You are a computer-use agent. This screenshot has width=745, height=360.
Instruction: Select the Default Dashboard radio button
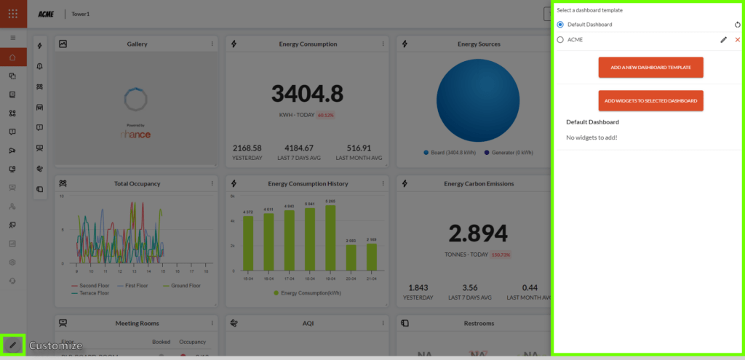pos(560,25)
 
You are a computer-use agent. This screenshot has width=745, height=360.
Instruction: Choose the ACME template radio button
pos(560,40)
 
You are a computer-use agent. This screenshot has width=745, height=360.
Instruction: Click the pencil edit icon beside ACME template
pos(723,40)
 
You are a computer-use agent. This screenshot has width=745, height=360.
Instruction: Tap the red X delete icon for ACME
pos(737,40)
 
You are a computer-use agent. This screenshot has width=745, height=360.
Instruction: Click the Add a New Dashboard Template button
pos(650,68)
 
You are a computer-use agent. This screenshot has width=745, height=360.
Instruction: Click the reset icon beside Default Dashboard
pos(737,25)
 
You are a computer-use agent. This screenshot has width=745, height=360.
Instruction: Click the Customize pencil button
pos(12,345)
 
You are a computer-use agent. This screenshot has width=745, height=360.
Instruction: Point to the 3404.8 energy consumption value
pos(307,94)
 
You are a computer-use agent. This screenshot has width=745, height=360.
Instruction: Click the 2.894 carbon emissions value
pos(477,233)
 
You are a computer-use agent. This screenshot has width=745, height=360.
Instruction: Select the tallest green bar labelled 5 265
pos(330,238)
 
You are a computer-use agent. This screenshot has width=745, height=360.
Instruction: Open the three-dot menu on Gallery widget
pos(212,44)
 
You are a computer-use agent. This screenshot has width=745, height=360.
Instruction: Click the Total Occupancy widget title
pos(137,184)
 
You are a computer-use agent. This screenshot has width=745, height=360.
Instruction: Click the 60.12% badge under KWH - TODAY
pos(324,115)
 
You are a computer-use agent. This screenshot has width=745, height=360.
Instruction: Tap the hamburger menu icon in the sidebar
pos(12,37)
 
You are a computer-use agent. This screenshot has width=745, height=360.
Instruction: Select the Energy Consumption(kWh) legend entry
pos(308,293)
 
